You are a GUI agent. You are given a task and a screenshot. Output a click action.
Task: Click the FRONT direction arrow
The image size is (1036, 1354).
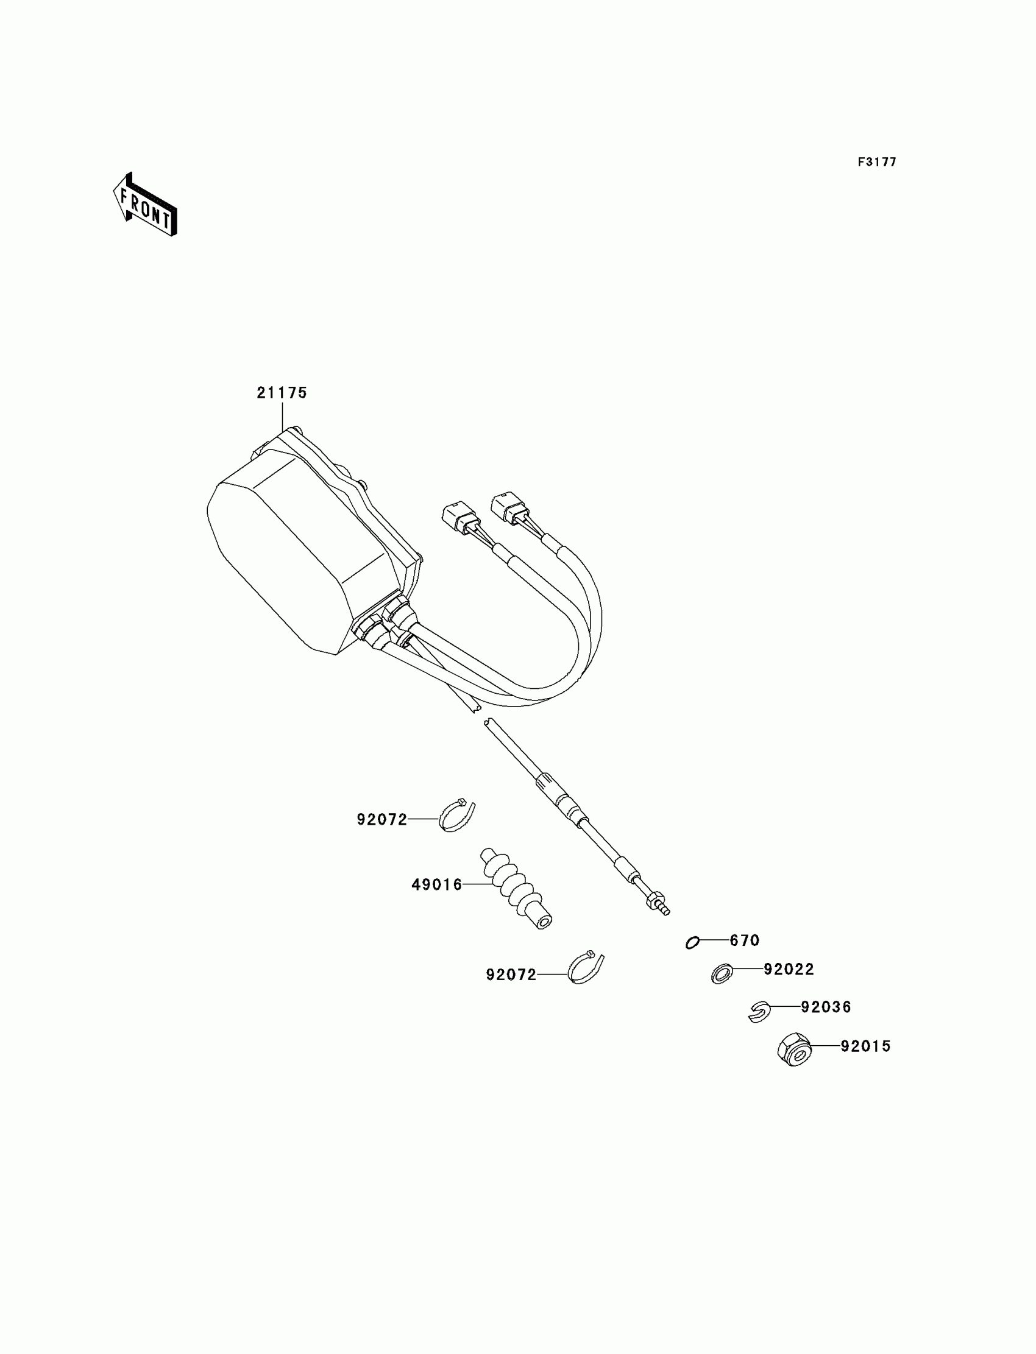point(146,205)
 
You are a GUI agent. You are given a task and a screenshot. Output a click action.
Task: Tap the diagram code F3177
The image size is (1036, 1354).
point(876,162)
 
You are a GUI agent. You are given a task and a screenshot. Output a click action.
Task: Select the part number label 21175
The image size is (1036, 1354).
point(282,393)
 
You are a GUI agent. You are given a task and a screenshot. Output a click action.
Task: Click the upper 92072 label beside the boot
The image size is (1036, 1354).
point(381,820)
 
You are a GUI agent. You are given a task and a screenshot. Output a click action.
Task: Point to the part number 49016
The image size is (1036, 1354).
point(436,885)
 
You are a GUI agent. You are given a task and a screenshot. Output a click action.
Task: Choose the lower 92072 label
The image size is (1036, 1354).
point(511,975)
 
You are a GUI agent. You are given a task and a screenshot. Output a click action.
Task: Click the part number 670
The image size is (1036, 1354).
point(744,940)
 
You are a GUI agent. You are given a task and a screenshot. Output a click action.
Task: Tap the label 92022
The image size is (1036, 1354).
point(789,970)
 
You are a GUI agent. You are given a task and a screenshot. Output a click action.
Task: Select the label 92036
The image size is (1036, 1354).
point(826,1007)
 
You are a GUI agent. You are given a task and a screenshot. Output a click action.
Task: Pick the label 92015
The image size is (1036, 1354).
point(866,1046)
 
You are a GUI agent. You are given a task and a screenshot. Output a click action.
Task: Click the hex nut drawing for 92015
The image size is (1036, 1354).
point(794,1049)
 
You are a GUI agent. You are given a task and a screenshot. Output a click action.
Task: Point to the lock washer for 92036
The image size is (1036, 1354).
point(759,1011)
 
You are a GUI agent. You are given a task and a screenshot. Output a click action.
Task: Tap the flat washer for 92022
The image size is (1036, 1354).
point(722,975)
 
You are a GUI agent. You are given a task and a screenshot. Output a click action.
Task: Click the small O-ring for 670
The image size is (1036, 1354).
point(692,943)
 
